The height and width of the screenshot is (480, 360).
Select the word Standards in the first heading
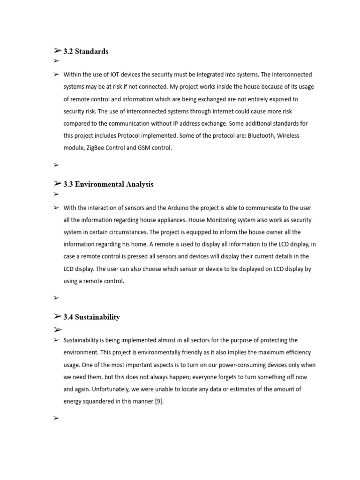point(92,52)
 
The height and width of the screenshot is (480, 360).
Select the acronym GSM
point(145,148)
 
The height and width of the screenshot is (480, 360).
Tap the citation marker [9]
point(159,401)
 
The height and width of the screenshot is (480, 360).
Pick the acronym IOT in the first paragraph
point(116,75)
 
